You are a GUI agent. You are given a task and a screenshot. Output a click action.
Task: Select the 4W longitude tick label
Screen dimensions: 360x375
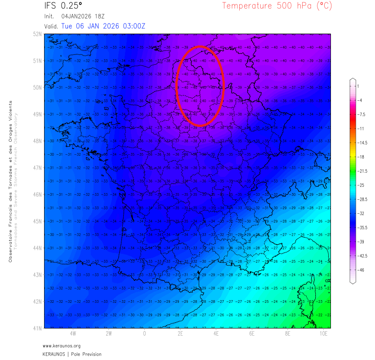tap(72, 334)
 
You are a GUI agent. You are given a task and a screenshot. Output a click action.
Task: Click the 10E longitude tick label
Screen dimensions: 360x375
tap(323, 334)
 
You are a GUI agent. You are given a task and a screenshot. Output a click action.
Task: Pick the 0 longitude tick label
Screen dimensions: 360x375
tap(144, 334)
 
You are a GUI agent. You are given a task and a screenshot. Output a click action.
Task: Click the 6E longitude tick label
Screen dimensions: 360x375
tap(252, 334)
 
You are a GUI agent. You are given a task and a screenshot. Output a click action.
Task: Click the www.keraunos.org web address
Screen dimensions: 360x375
tap(62, 346)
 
